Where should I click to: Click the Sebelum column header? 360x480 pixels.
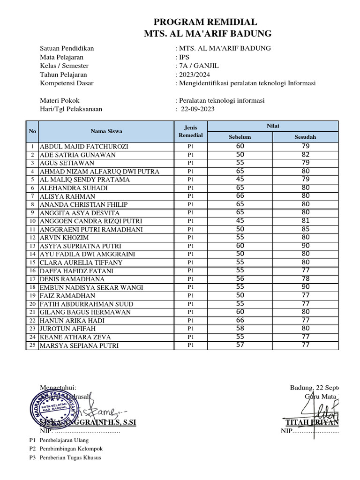pyautogui.click(x=240, y=137)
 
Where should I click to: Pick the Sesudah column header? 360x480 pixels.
pyautogui.click(x=305, y=137)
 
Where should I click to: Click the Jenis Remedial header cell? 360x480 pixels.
pyautogui.click(x=191, y=131)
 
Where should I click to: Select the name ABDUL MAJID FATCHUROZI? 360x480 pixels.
pyautogui.click(x=84, y=147)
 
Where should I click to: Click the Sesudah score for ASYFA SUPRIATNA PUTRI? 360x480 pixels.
pyautogui.click(x=305, y=246)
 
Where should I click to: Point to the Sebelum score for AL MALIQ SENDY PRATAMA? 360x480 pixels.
pyautogui.click(x=240, y=180)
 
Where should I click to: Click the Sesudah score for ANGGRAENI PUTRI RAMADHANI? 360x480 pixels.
pyautogui.click(x=305, y=229)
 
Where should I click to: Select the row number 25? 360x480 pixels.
pyautogui.click(x=32, y=345)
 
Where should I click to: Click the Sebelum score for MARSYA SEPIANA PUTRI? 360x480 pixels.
pyautogui.click(x=240, y=345)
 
